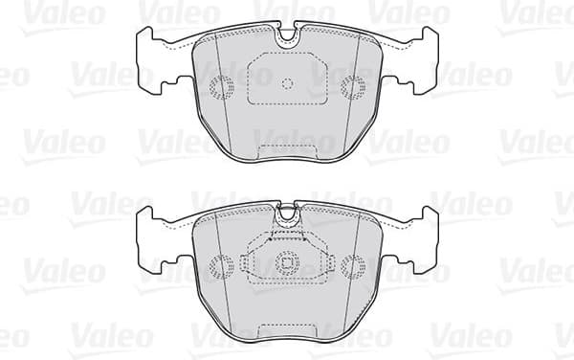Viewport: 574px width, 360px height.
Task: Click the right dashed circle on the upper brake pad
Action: (353, 87)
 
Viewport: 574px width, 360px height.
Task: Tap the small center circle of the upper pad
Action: (287, 82)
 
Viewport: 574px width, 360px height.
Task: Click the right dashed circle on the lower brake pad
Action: (353, 264)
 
